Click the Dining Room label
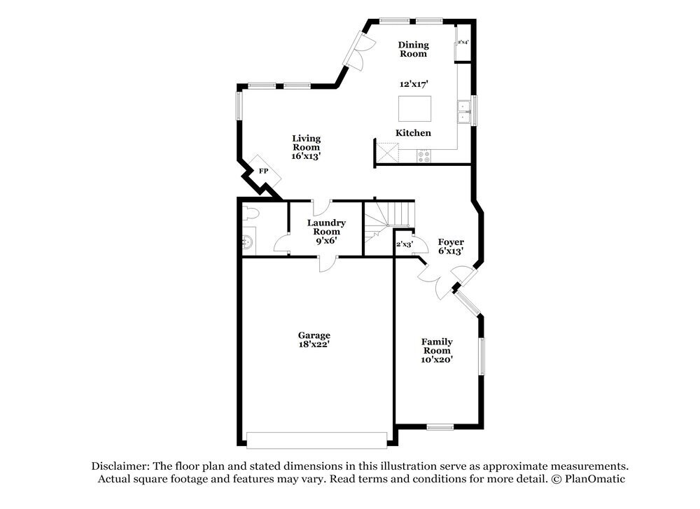tap(414, 49)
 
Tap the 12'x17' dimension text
tap(414, 83)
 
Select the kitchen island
tap(414, 109)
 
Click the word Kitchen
tap(414, 133)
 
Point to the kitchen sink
tap(463, 112)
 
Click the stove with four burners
tap(423, 156)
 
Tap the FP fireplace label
tap(264, 171)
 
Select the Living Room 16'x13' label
tap(306, 147)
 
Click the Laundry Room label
tap(326, 231)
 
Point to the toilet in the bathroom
tap(251, 214)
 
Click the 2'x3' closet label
tap(404, 244)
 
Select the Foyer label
tap(451, 246)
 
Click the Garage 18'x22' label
tap(314, 340)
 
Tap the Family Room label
tap(437, 350)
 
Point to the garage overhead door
tap(316, 440)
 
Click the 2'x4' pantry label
tap(463, 43)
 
